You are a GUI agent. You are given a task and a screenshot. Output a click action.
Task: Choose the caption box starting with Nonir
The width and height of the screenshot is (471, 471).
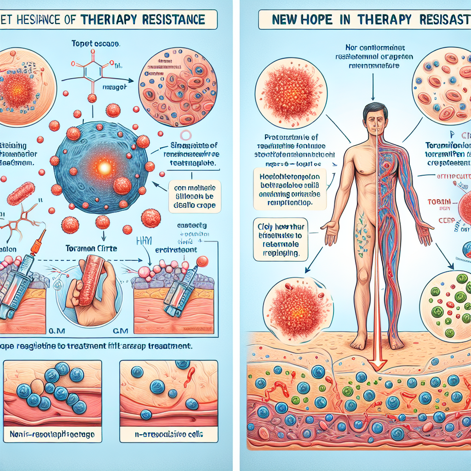(x=52, y=434)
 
